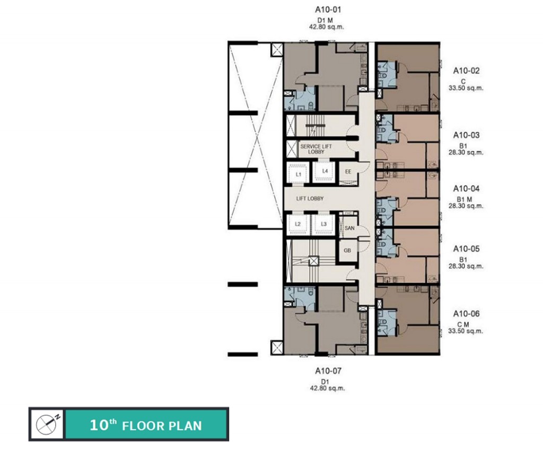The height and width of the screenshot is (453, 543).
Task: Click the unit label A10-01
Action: coord(328,10)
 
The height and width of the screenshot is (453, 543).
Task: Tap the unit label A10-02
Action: coord(466,71)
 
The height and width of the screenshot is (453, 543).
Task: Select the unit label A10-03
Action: coord(466,135)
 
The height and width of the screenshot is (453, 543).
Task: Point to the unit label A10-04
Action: coord(466,189)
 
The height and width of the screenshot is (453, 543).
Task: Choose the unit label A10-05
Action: coord(466,249)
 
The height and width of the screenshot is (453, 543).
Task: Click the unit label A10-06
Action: coord(466,314)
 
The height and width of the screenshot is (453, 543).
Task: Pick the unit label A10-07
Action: coord(328,371)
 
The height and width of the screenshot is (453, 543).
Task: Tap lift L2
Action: coord(298,224)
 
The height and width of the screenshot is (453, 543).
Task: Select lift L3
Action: coord(324,224)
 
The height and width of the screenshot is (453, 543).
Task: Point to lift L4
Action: coord(325,172)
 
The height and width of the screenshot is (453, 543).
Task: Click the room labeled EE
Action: coord(348,172)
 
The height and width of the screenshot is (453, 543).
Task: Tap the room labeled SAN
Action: coord(349,228)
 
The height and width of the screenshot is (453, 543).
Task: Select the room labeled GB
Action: coord(347,251)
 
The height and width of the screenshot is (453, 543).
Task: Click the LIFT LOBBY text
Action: coord(310,199)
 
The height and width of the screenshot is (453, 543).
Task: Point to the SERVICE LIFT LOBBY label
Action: coord(316,149)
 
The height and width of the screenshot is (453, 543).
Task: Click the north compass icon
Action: coord(47,424)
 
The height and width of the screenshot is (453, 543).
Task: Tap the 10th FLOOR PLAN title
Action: coord(146,425)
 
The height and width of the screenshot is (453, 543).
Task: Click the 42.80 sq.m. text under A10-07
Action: coord(327,389)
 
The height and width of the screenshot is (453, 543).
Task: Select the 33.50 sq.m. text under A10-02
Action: coord(466,88)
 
